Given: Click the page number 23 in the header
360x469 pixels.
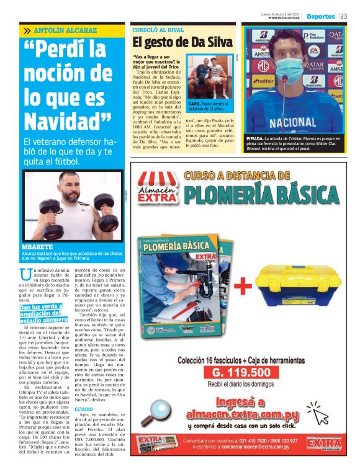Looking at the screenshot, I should pos(344,16).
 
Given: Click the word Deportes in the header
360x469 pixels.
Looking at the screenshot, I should pos(320,16).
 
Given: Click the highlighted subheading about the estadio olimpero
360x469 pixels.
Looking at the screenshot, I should pos(43,313).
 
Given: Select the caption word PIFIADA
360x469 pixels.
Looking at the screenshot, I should pos(258,140).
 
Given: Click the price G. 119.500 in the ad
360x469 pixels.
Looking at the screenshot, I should pos(241,372).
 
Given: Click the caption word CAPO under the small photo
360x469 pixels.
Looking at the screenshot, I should pos(194,104).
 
